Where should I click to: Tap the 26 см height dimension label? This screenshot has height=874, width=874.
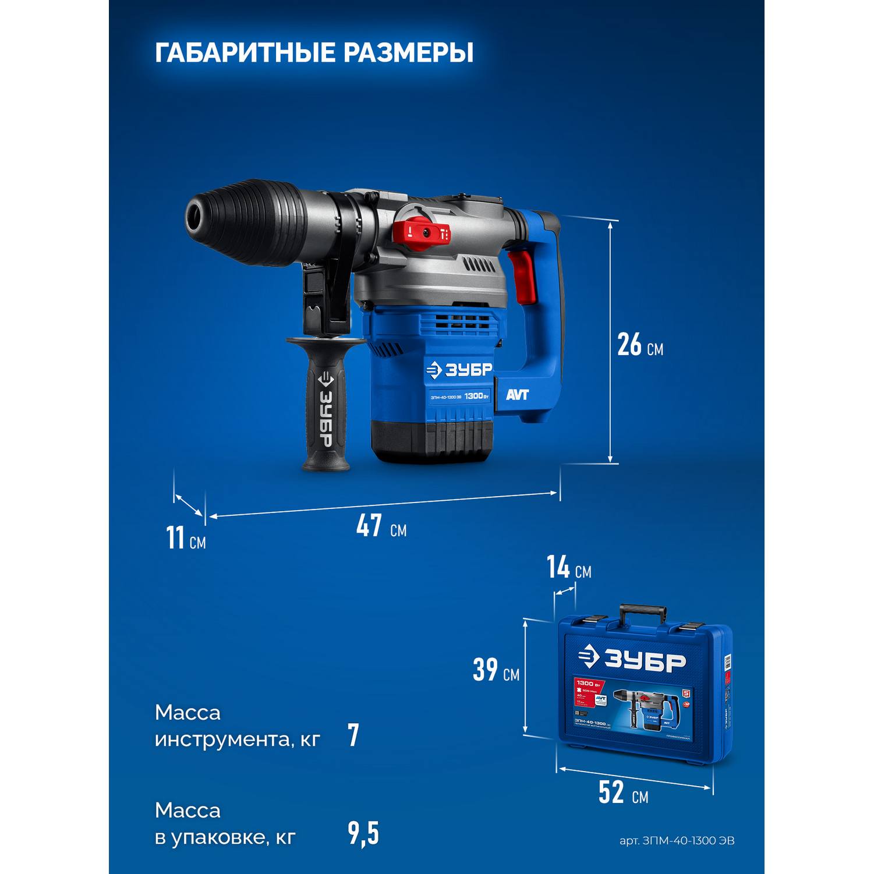pos(639,345)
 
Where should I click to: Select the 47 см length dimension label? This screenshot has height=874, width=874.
pos(381,526)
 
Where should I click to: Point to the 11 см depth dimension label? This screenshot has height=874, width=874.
pos(185,537)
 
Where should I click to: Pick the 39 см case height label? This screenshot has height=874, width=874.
pos(496,670)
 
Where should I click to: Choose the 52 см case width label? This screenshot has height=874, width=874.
pos(622,792)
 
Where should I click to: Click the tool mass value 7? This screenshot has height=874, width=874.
pos(353,735)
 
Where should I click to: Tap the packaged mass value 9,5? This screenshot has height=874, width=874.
pos(363,833)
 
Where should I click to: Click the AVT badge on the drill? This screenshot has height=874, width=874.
pos(517,395)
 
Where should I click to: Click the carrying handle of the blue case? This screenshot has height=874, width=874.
pos(642,613)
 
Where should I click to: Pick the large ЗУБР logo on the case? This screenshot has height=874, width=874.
pos(634,660)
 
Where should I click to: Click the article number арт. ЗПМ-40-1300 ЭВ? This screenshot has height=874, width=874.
pos(677,841)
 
